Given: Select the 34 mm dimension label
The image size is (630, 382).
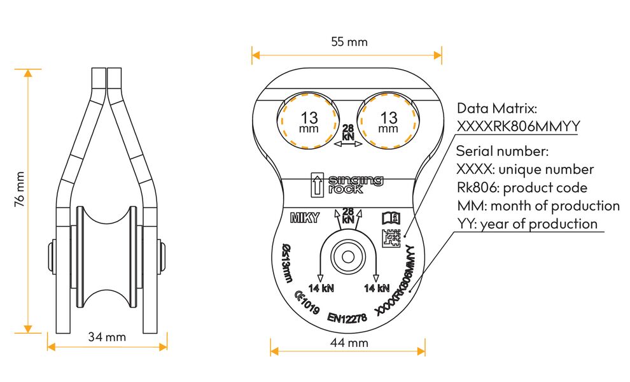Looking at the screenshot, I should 107,337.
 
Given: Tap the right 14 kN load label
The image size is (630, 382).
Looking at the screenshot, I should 376,288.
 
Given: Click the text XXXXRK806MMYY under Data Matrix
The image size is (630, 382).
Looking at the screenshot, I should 518,126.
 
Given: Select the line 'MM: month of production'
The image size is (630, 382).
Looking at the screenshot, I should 538,206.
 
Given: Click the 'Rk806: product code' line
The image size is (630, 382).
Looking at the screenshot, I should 522,188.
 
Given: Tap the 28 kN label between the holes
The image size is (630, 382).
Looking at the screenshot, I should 348,132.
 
